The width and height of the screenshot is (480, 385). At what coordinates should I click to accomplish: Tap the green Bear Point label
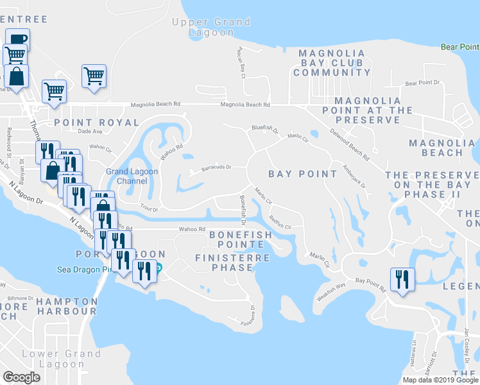460,47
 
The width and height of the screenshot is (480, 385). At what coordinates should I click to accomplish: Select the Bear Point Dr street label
422,83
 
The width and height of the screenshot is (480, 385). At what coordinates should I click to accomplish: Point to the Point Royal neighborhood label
96,122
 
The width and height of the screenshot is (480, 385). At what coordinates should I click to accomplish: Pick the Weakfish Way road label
331,288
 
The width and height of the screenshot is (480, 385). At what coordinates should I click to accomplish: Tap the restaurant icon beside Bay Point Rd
402,278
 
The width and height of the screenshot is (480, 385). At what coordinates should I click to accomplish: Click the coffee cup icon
17,38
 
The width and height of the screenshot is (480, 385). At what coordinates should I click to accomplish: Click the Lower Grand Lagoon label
62,359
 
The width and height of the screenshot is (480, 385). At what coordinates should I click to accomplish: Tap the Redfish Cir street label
280,221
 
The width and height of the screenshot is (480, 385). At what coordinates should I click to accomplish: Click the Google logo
21,377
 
